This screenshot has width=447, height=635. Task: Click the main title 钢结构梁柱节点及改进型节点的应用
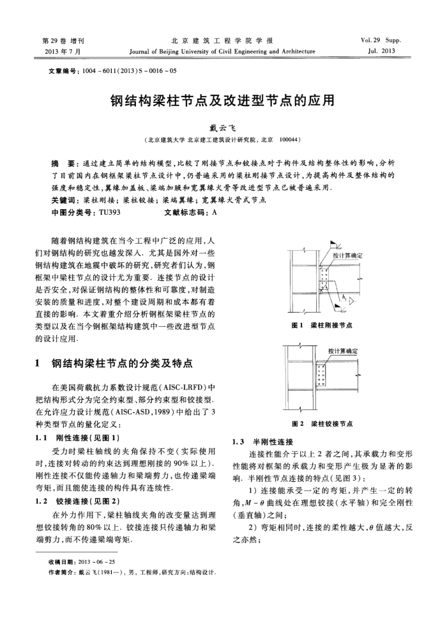coord(223,102)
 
